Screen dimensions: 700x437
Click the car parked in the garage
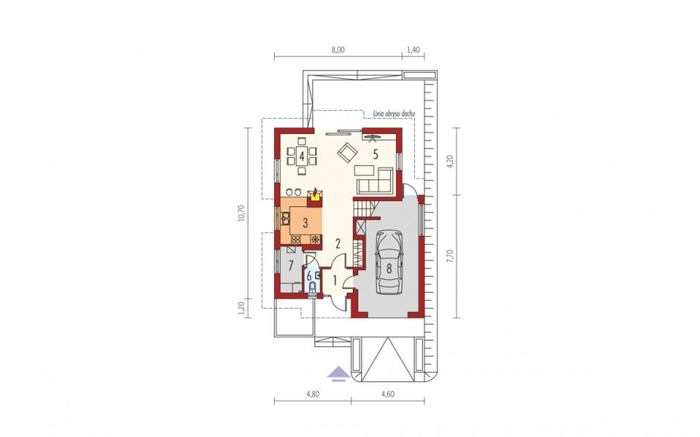389,262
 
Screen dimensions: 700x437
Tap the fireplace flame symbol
315,193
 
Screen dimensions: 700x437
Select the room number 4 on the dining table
302,156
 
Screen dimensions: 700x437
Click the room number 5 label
375,154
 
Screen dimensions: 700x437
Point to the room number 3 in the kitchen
305,223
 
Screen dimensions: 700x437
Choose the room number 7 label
290,266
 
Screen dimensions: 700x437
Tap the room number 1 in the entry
335,281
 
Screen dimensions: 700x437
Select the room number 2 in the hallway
338,243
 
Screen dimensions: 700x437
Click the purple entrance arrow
338,373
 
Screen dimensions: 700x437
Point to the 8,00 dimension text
338,50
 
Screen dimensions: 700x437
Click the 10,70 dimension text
241,213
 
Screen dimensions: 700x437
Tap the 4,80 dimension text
313,394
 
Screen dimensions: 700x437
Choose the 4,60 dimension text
388,394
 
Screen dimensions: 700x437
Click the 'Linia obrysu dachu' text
394,114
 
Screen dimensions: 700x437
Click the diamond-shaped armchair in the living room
348,153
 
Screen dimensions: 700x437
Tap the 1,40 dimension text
413,50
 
